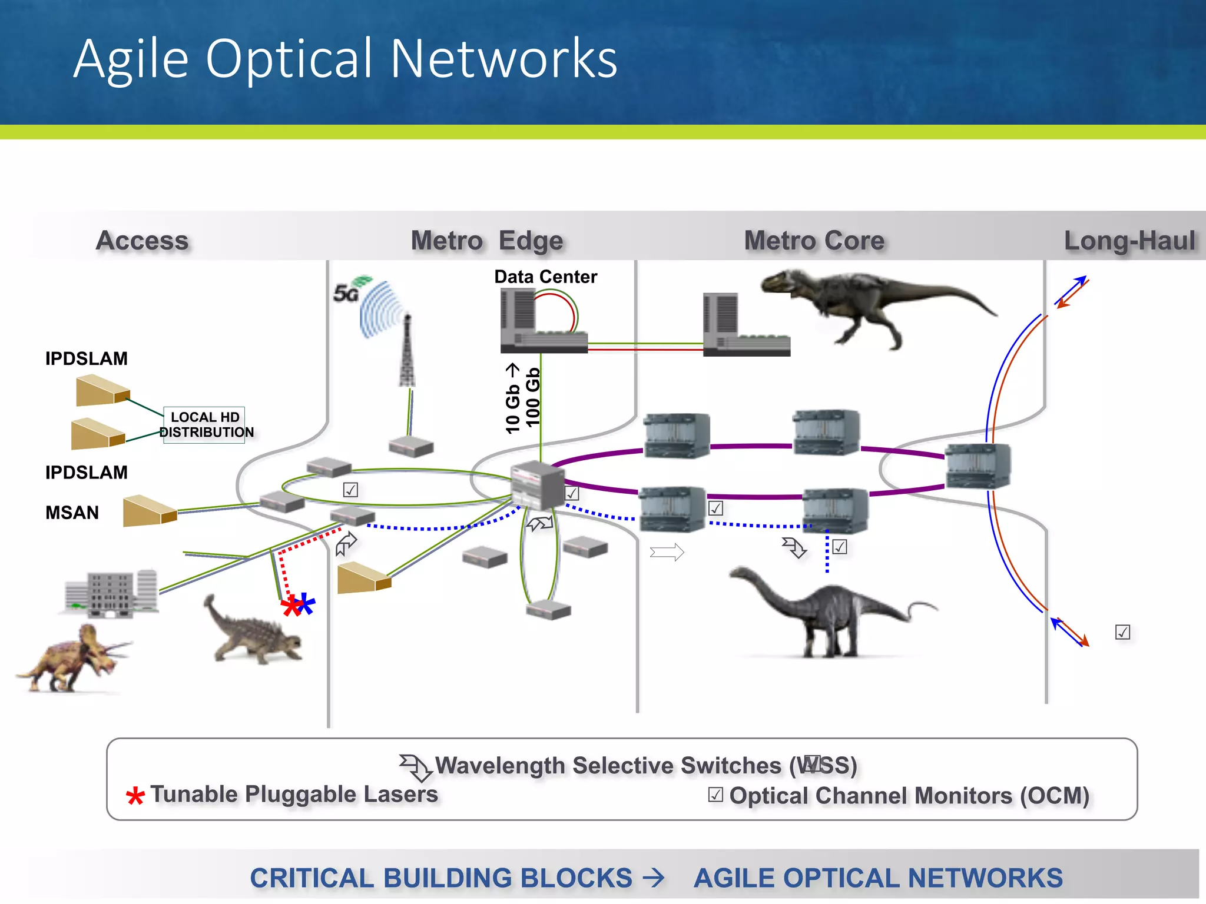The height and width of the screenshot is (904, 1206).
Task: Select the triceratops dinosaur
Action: [x=74, y=659]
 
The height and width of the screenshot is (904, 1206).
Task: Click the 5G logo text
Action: [x=345, y=293]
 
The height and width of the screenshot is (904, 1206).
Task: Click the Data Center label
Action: [x=545, y=277]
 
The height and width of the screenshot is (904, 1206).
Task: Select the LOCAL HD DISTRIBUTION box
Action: [x=205, y=424]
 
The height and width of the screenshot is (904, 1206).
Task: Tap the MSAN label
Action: [x=72, y=513]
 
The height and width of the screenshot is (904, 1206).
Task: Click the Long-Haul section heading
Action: [x=1129, y=240]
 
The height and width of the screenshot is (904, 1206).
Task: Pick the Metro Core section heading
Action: [x=814, y=240]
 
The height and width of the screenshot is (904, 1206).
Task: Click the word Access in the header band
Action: [x=142, y=240]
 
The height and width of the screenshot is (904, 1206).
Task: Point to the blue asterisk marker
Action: [x=306, y=603]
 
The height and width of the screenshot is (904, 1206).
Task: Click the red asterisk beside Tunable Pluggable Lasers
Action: [x=135, y=796]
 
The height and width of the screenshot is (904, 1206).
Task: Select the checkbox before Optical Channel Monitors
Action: [x=715, y=795]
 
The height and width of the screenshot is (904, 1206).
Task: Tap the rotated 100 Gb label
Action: [x=532, y=397]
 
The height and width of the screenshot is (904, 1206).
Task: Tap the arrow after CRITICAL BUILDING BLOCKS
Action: [x=654, y=878]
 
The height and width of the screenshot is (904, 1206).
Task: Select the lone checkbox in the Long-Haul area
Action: [x=1122, y=632]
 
